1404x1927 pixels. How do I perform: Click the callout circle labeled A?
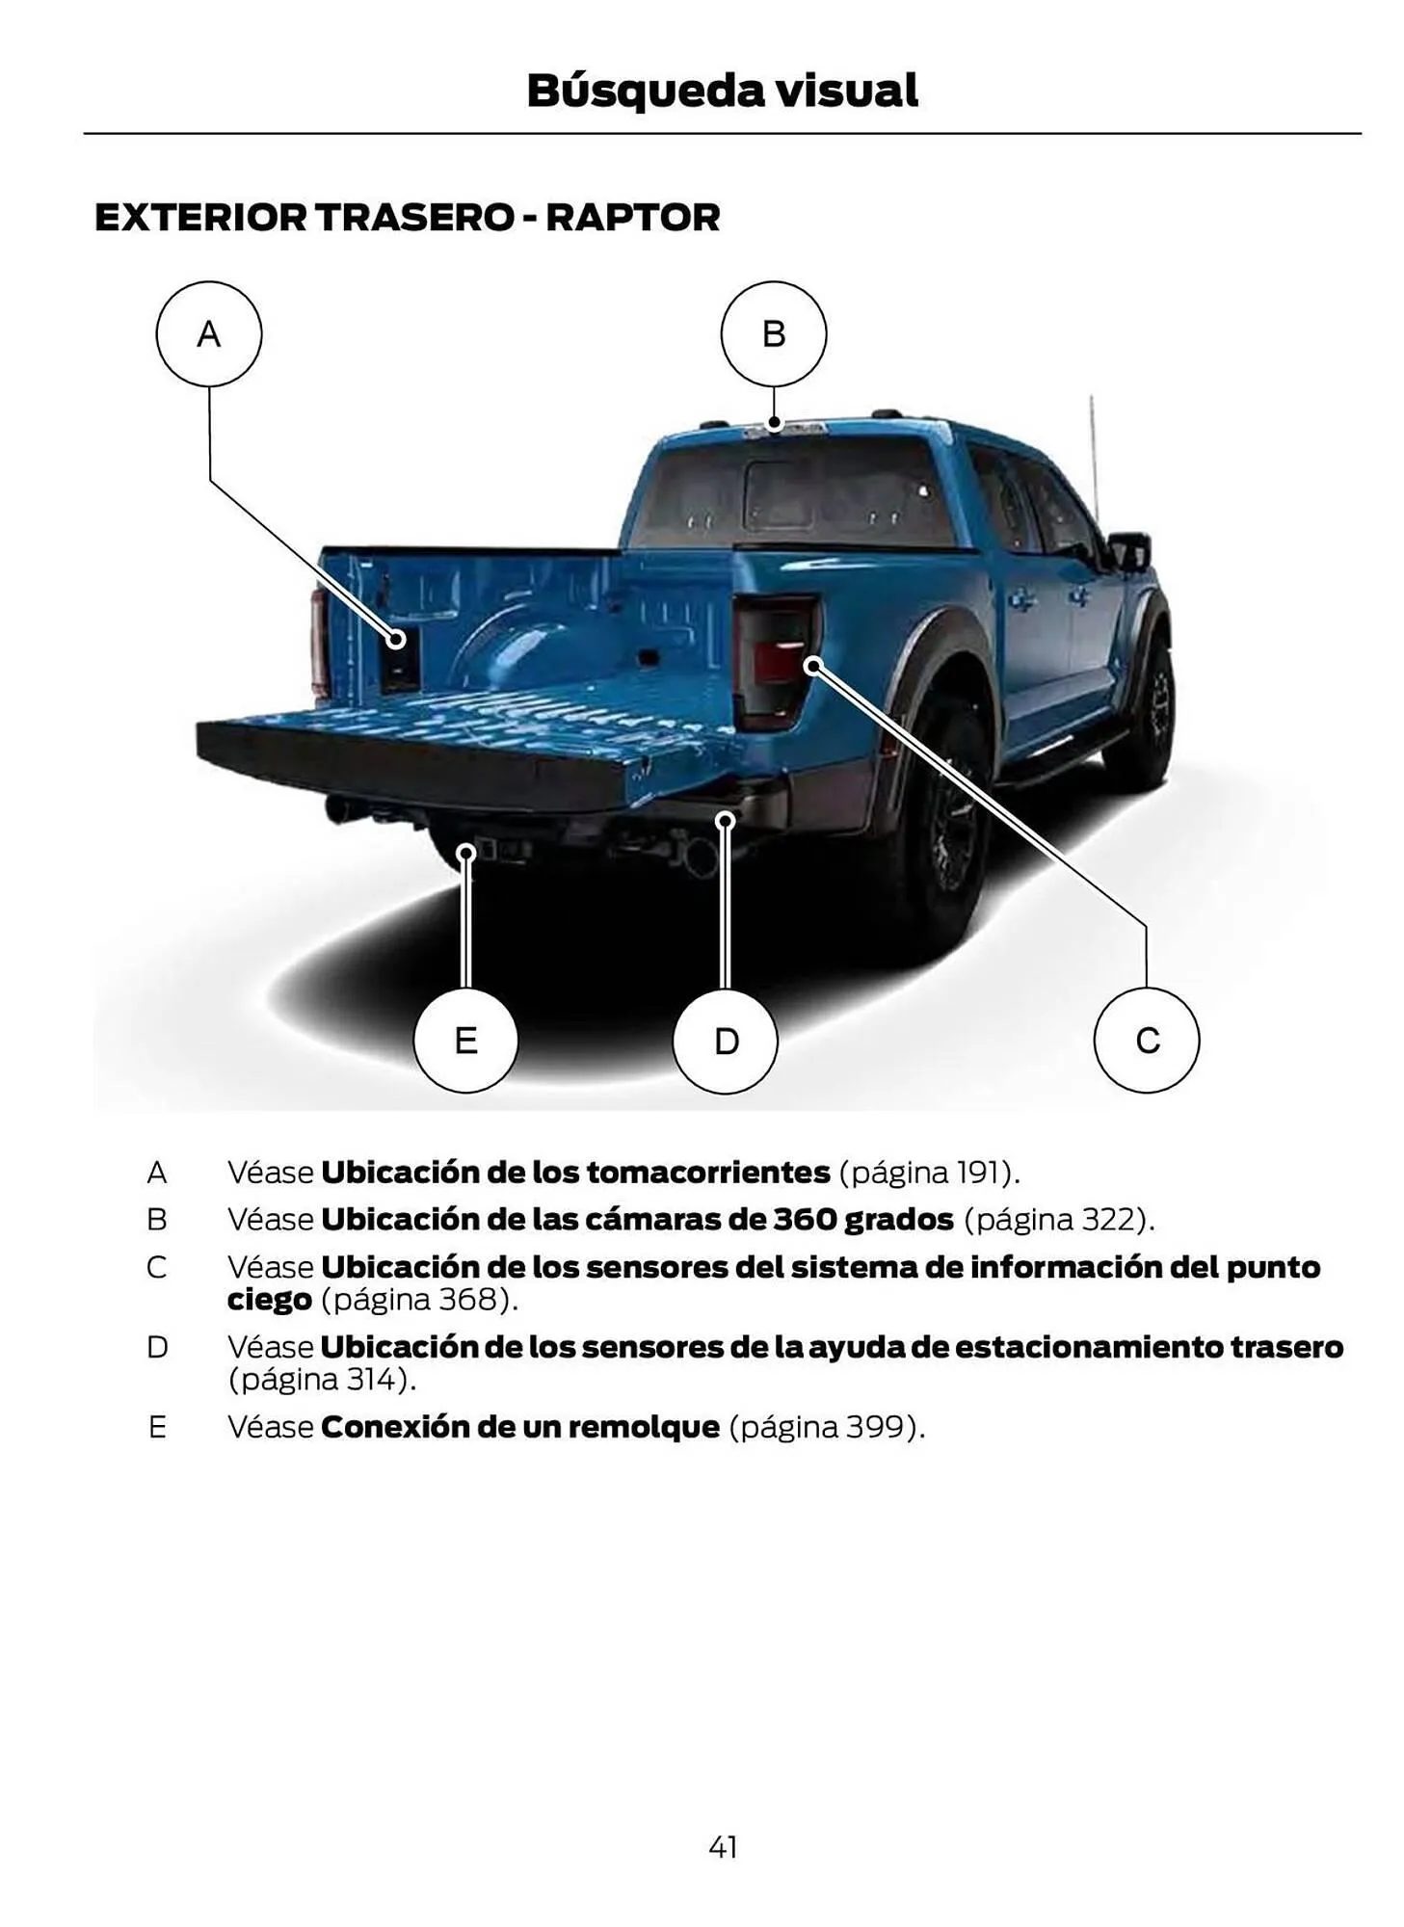coord(208,333)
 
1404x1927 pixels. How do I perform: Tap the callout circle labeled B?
coord(773,333)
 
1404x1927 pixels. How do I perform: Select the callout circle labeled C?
coord(1146,1040)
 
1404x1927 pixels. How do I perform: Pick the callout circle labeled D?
coord(725,1041)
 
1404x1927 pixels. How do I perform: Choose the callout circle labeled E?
coord(465,1041)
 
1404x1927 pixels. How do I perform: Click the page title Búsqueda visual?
coord(722,91)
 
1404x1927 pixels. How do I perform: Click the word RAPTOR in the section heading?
coord(633,218)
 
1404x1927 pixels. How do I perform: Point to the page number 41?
coord(722,1846)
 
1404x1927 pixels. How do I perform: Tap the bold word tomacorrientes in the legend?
coord(707,1173)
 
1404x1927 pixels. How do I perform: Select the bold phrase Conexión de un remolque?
coord(520,1427)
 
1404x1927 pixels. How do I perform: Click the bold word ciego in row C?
coord(269,1300)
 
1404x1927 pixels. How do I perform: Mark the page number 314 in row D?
coord(371,1380)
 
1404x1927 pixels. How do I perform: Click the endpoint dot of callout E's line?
coord(465,853)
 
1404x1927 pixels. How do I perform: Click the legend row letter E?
coord(156,1427)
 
